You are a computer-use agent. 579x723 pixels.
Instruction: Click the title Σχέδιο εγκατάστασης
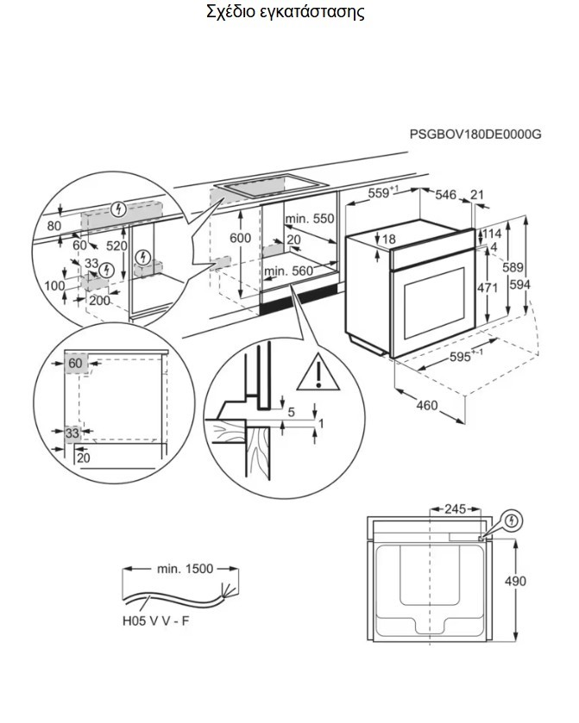(286, 13)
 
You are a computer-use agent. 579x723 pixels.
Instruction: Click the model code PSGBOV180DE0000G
(475, 134)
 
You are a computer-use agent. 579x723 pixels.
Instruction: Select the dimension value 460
(427, 406)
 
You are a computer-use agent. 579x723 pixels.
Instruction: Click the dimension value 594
(539, 285)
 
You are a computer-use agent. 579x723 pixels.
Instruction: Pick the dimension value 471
(488, 289)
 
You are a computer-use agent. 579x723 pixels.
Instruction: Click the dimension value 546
(445, 196)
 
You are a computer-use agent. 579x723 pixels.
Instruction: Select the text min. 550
(309, 219)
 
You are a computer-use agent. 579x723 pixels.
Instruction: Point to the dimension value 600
(241, 238)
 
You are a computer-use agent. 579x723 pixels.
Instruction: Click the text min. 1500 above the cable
(184, 569)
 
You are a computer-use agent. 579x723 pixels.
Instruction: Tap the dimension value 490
(514, 581)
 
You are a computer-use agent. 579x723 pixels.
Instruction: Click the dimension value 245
(456, 508)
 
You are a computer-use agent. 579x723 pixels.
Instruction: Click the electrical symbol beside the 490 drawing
(513, 520)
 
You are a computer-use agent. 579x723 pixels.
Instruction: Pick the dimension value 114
(493, 234)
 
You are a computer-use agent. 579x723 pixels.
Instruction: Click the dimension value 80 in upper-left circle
(55, 227)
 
